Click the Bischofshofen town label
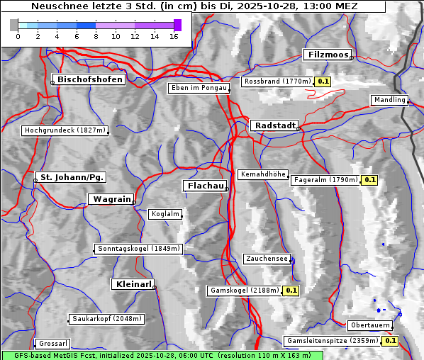coord(90,79)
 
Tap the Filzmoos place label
coord(328,55)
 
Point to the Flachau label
coord(205,186)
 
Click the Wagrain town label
coord(111,199)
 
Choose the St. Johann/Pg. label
coord(72,176)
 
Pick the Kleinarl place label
coord(133,284)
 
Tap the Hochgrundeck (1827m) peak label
coord(65,130)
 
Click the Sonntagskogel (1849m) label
coord(139,249)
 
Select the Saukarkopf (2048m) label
coord(106,319)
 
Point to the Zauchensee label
coord(267,259)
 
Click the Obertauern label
coord(370,325)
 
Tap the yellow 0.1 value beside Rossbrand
coord(323,81)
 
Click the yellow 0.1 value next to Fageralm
coord(369,180)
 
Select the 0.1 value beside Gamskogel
coord(291,291)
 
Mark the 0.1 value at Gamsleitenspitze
coord(390,341)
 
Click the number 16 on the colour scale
coord(174,36)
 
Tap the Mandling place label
coord(389,100)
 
